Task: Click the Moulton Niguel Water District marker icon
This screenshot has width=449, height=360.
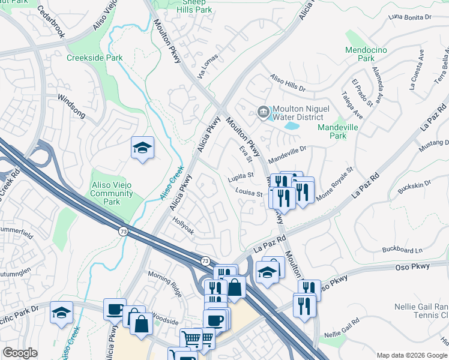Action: tap(263, 112)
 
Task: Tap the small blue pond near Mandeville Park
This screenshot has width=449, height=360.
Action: tap(291, 126)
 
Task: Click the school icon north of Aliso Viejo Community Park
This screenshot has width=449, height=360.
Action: tap(142, 148)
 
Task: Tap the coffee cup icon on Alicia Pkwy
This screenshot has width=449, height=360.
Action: tap(114, 309)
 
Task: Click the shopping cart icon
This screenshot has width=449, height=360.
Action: tap(191, 340)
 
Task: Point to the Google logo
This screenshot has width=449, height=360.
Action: tap(20, 353)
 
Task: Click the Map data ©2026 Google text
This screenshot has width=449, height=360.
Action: tap(412, 355)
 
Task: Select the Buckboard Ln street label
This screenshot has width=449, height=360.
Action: tap(402, 250)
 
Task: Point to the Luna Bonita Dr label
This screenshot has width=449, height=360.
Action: tap(410, 17)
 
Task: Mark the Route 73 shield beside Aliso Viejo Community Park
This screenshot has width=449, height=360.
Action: tap(122, 232)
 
